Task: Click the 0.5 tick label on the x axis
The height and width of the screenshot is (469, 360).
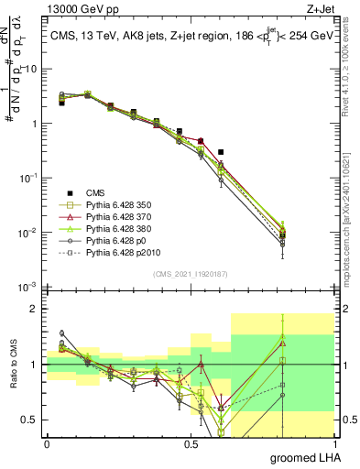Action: (x=191, y=442)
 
